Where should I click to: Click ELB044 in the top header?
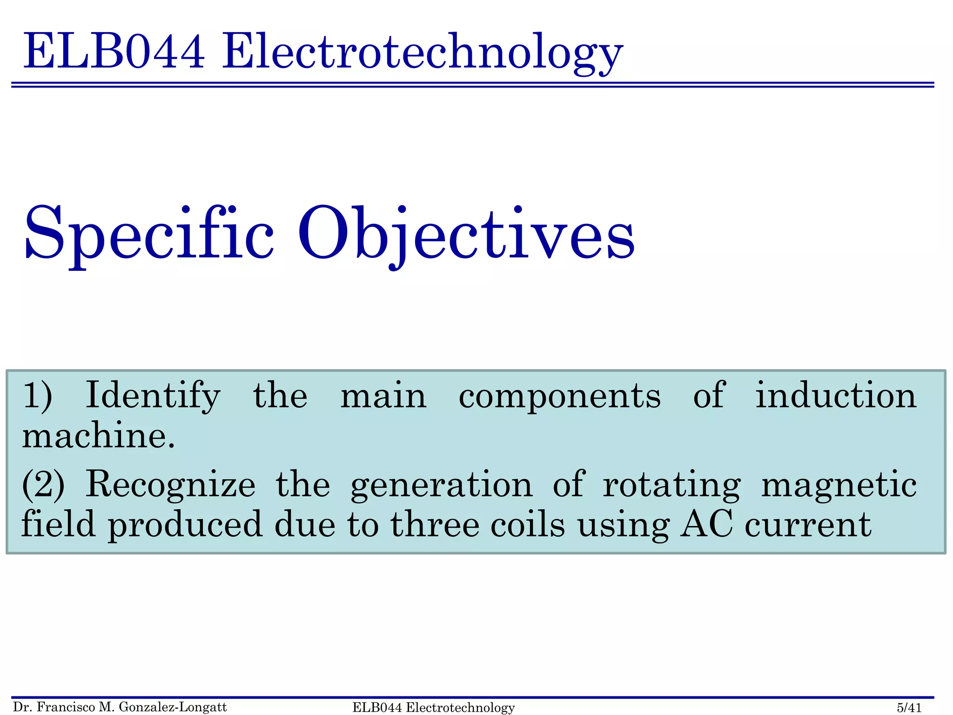(114, 51)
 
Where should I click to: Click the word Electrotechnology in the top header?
(422, 52)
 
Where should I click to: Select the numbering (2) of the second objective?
(43, 485)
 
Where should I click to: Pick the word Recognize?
(170, 485)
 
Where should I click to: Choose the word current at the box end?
(808, 526)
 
